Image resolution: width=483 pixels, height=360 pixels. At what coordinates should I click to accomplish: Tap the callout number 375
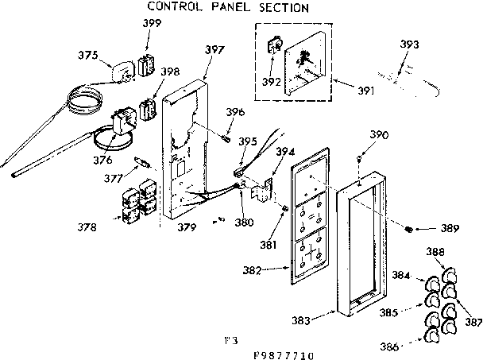point(89,55)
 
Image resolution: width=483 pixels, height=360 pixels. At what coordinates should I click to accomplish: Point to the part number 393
point(410,45)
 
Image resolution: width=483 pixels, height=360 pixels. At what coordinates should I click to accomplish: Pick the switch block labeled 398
point(146,108)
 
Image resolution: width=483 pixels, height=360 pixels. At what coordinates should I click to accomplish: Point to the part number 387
point(473,322)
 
